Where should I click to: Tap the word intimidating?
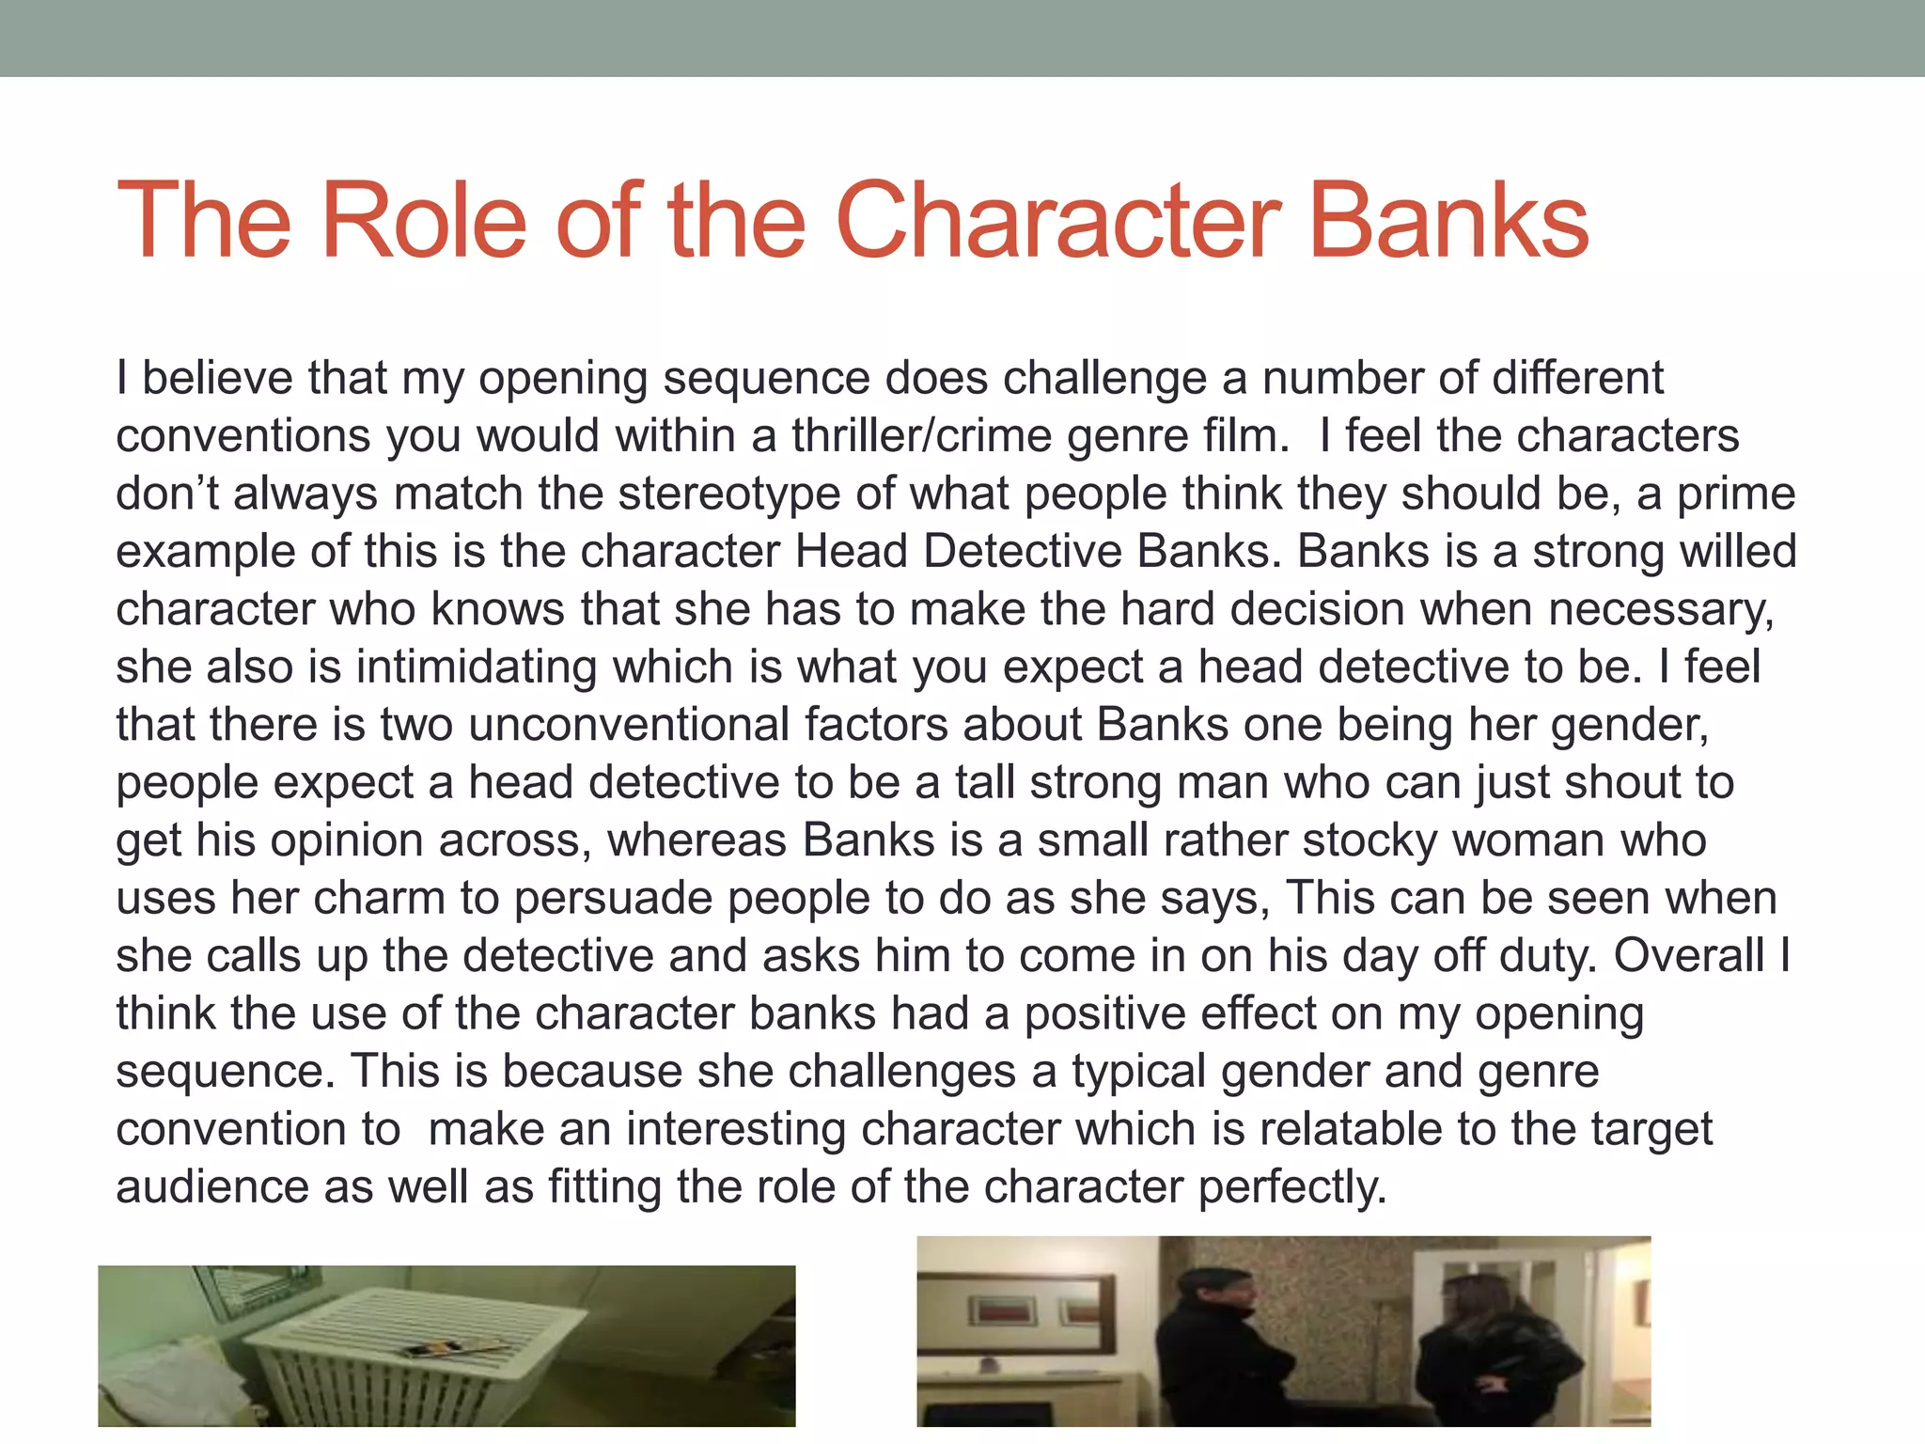click(477, 667)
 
